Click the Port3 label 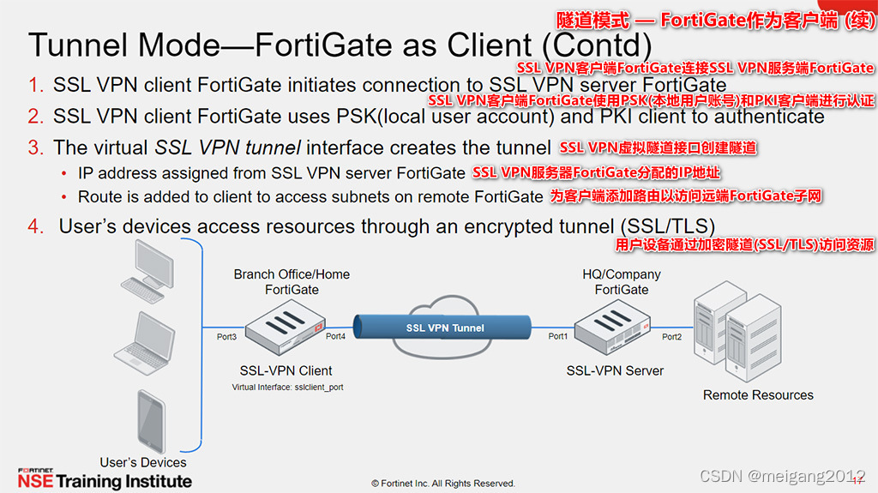[x=226, y=337]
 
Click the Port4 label [x=336, y=336]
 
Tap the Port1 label [x=557, y=336]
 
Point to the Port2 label [x=671, y=337]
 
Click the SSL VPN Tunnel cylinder [x=444, y=328]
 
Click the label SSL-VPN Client [x=286, y=370]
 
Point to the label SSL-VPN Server [x=615, y=370]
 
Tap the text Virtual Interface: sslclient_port [x=288, y=388]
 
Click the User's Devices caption [x=143, y=462]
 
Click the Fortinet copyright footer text [x=442, y=484]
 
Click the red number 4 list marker [x=34, y=227]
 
